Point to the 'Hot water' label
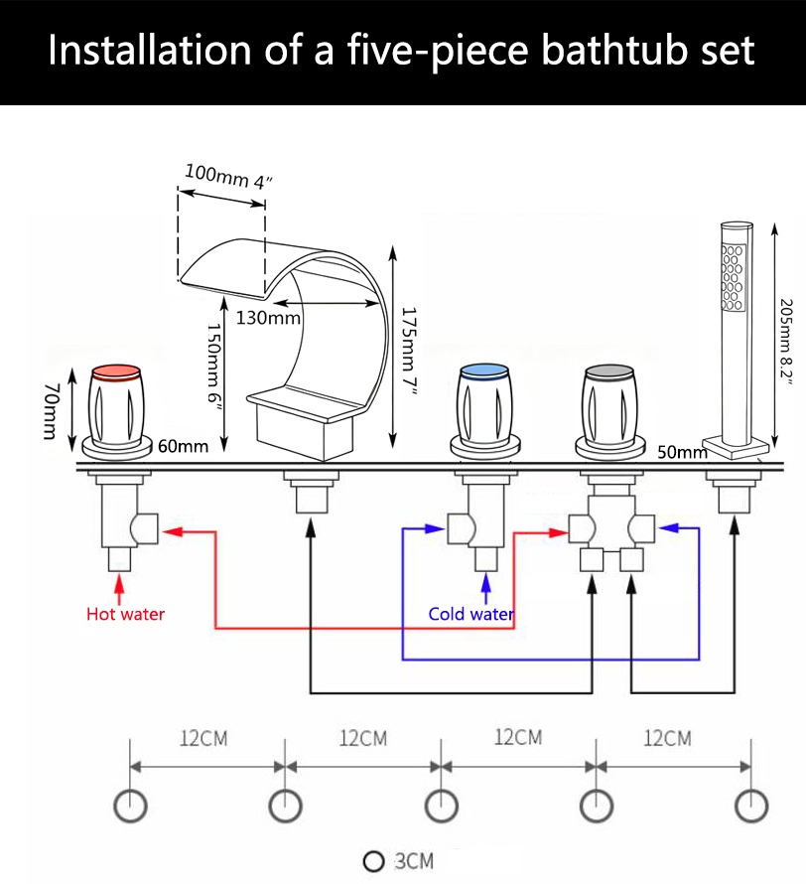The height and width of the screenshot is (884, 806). pyautogui.click(x=125, y=614)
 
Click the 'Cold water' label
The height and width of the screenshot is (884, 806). pyautogui.click(x=470, y=614)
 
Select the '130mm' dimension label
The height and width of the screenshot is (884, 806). pyautogui.click(x=268, y=318)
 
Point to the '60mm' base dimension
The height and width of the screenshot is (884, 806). pyautogui.click(x=183, y=446)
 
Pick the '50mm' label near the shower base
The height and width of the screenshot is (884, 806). pyautogui.click(x=682, y=452)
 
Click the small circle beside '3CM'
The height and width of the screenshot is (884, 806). pyautogui.click(x=374, y=860)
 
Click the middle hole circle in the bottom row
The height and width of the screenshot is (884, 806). pyautogui.click(x=441, y=806)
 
